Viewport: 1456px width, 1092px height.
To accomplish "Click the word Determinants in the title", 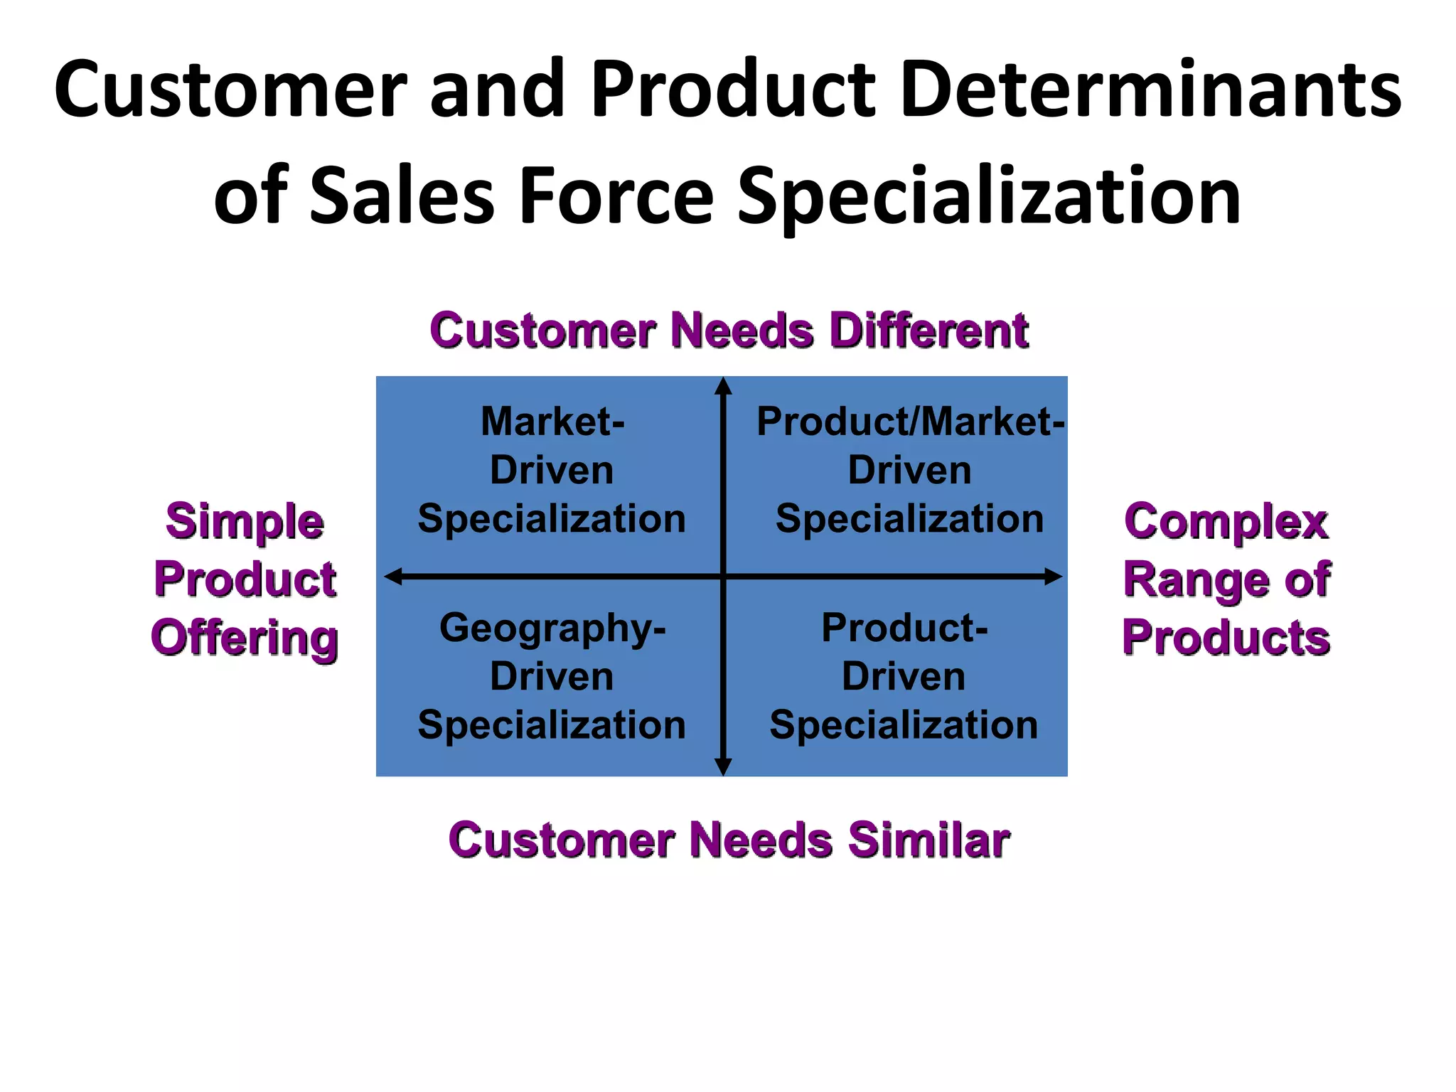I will (x=1150, y=90).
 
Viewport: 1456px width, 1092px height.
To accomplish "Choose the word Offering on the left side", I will (x=245, y=638).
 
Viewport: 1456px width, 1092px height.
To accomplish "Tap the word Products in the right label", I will (x=1226, y=638).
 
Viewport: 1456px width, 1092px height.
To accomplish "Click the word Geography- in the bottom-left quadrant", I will (x=552, y=628).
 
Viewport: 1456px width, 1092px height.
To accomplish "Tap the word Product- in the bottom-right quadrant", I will (x=904, y=628).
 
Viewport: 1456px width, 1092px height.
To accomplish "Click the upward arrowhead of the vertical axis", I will (x=723, y=386).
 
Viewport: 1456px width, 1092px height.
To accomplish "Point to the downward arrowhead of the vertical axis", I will (x=723, y=767).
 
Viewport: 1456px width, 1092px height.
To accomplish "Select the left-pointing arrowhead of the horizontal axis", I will (x=393, y=577).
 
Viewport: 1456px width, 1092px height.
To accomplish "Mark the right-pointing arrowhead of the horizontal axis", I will (x=1053, y=577).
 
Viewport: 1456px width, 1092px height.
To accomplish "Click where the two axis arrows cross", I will (x=723, y=577).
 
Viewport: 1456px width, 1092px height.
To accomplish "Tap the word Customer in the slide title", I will (x=230, y=90).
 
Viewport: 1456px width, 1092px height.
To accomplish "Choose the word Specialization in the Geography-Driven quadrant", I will (x=552, y=725).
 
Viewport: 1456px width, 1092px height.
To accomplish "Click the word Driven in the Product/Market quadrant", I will (x=909, y=471).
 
